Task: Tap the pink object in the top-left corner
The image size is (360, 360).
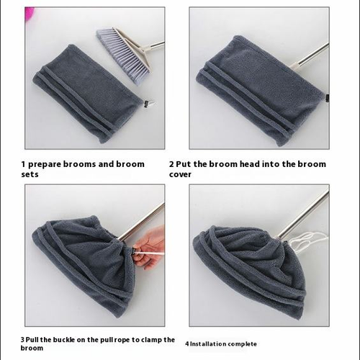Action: point(30,12)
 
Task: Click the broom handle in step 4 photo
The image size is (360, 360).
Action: point(306,216)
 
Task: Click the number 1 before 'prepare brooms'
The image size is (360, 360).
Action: point(24,164)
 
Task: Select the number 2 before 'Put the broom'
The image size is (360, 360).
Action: point(171,164)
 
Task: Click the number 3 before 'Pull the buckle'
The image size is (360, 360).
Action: point(23,339)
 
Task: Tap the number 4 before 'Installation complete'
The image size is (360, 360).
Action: point(186,344)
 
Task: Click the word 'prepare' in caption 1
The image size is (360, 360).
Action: point(47,164)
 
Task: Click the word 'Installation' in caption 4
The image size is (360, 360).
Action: point(209,344)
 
